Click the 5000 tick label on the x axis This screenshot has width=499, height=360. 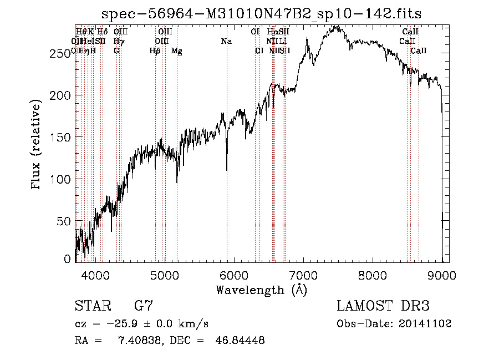point(165,273)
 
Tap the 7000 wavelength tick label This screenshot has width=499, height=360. point(303,273)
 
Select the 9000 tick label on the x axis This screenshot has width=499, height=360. point(442,273)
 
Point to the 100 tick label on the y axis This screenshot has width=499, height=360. point(63,179)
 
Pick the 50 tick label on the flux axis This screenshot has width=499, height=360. point(65,221)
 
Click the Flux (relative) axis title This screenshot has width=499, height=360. point(37,145)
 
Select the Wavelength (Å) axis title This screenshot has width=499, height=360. point(261,290)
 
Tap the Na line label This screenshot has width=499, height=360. point(226,41)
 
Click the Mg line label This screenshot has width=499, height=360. point(177,51)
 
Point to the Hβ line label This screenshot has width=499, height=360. point(155,51)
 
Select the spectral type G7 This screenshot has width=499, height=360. point(143,306)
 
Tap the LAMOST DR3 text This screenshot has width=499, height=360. point(383,306)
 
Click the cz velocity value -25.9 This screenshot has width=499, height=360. point(115,323)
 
